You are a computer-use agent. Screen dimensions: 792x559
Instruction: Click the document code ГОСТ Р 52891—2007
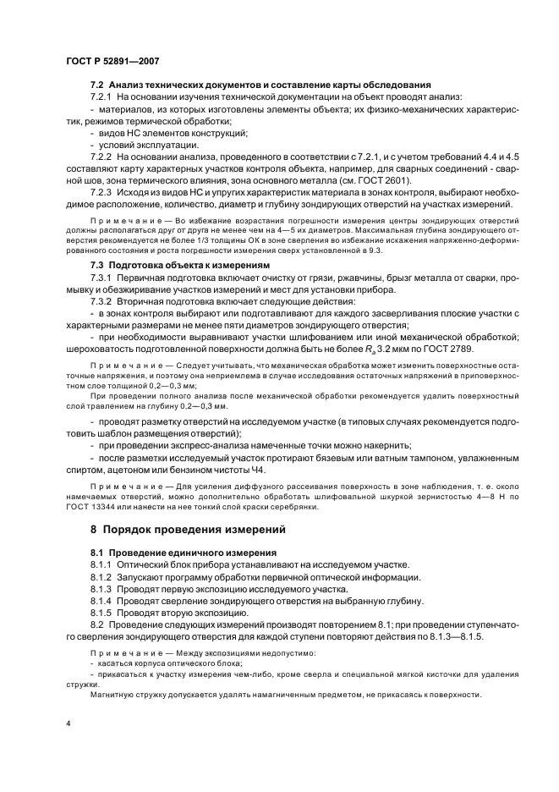pos(112,60)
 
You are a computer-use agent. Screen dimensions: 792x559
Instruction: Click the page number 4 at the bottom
pos(67,724)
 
